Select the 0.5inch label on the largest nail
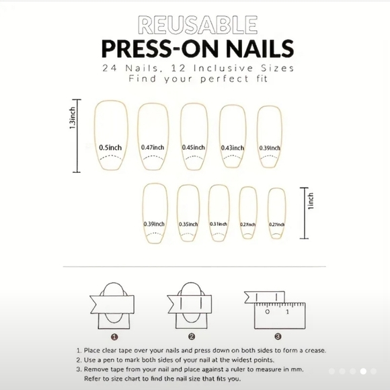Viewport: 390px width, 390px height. [110, 147]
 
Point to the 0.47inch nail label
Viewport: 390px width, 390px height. [153, 147]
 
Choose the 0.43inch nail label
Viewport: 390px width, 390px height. [231, 147]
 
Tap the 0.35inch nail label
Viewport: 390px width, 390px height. [188, 224]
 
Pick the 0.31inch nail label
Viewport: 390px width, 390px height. [219, 224]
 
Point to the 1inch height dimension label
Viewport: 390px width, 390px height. [311, 201]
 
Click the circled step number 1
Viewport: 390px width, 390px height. [115, 336]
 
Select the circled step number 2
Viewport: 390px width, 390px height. [192, 336]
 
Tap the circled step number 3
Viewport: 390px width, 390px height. [277, 336]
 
